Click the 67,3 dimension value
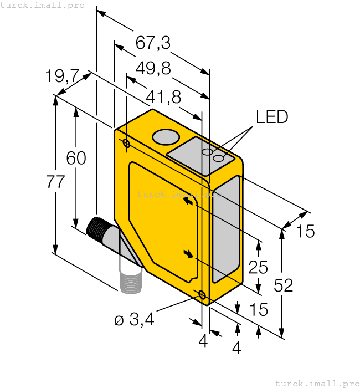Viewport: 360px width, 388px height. pos(153,43)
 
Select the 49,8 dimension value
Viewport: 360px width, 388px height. pos(153,68)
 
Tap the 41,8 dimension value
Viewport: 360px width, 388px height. pos(163,97)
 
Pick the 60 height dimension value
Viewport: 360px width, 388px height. pos(76,158)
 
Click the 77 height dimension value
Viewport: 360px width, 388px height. pos(55,182)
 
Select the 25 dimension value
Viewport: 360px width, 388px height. pos(258,267)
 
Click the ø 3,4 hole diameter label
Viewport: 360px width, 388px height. pos(134,320)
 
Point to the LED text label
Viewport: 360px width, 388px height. pos(272,117)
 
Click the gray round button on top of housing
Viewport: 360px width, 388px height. pos(165,136)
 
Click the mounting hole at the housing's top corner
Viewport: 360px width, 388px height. pos(126,145)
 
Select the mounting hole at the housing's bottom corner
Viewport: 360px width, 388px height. pos(202,295)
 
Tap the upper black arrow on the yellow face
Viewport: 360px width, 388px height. pos(190,203)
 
